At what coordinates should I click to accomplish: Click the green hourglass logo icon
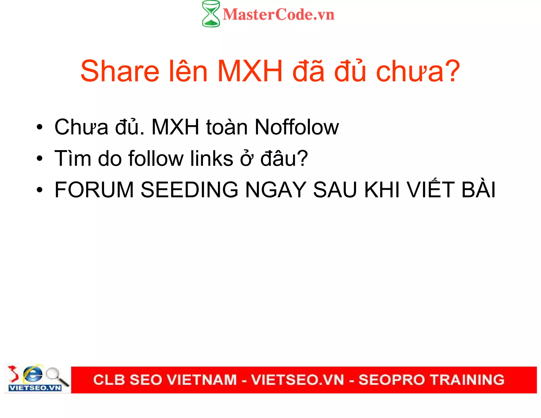click(211, 14)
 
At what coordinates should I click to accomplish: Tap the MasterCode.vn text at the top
click(278, 15)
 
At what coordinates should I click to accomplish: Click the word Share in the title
click(120, 71)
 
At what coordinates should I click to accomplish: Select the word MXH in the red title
click(250, 71)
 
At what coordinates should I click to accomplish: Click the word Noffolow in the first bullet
click(296, 127)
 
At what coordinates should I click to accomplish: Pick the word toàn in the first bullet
click(227, 127)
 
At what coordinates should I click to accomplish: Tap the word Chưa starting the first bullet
click(81, 127)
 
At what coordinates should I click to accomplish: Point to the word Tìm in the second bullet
click(73, 159)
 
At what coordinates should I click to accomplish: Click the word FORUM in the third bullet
click(94, 190)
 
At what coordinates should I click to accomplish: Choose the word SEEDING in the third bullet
click(189, 190)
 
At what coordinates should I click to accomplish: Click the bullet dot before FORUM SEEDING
click(40, 190)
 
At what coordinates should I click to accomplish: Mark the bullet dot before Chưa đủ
click(40, 127)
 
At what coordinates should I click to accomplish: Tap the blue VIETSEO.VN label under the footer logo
click(35, 388)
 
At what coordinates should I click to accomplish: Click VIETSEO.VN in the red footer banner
click(297, 380)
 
